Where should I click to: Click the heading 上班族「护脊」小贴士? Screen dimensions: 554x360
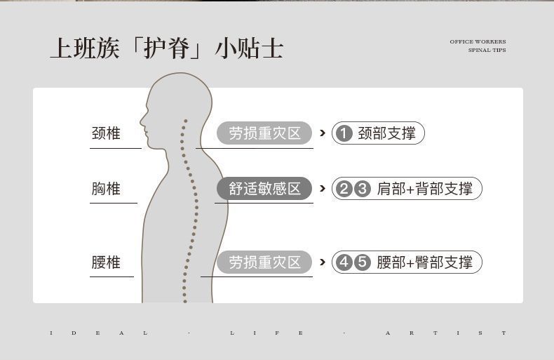[x=166, y=48]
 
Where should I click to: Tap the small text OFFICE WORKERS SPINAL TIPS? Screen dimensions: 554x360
[x=478, y=46]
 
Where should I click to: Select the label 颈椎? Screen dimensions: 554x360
[x=106, y=133]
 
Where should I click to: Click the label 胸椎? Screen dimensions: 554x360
[x=106, y=188]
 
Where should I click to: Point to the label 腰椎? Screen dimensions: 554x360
[x=106, y=262]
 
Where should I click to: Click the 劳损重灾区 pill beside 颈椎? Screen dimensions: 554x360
[x=264, y=133]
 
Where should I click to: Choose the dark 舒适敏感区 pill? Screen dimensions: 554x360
[x=264, y=188]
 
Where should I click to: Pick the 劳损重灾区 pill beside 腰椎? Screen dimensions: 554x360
[x=264, y=262]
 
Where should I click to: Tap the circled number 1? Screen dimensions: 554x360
[x=343, y=133]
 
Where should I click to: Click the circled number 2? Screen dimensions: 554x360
[x=344, y=188]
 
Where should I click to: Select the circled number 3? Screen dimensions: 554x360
[x=362, y=188]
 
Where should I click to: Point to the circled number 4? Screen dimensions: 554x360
[x=344, y=262]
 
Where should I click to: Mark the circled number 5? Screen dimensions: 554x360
[x=362, y=262]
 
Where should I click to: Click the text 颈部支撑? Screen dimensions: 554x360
[x=386, y=133]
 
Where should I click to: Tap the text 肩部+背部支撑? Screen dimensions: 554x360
[x=425, y=188]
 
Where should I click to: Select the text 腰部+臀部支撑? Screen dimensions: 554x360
[x=425, y=262]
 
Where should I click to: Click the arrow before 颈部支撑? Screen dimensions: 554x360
[x=322, y=133]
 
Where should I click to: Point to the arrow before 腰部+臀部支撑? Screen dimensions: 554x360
[x=322, y=262]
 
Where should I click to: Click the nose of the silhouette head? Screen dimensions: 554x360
[x=142, y=120]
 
